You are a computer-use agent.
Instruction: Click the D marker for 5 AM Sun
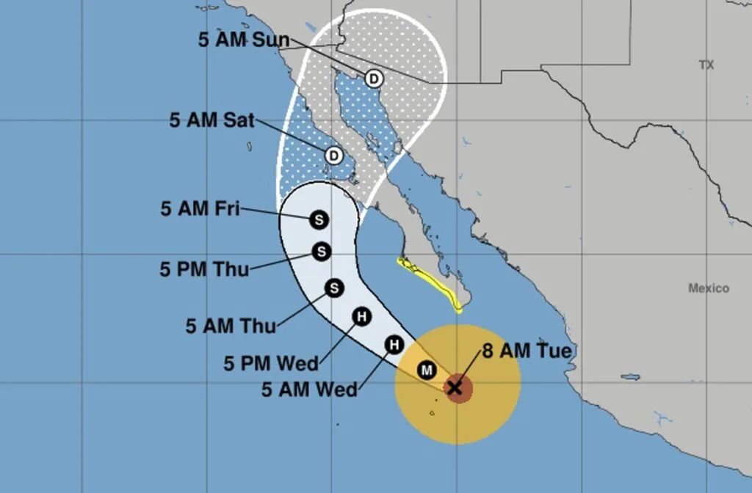(373, 78)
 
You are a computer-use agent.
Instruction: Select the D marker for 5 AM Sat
(334, 156)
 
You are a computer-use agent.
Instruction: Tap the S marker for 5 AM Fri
(319, 219)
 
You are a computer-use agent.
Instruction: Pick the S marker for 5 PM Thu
(321, 252)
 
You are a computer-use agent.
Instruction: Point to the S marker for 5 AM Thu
(334, 288)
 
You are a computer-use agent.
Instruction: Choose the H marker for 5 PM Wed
(361, 316)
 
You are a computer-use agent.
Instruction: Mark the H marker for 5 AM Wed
(394, 344)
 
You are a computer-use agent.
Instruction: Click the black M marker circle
(427, 370)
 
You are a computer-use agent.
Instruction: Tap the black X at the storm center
(455, 387)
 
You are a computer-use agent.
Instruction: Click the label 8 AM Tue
(526, 351)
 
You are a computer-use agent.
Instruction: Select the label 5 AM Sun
(244, 40)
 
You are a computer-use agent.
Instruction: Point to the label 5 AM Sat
(212, 120)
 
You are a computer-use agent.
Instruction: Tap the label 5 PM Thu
(204, 269)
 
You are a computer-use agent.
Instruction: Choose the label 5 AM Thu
(230, 325)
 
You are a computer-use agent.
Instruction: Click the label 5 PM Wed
(271, 362)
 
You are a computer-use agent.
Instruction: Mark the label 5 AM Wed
(309, 389)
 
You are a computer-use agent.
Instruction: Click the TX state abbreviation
(706, 65)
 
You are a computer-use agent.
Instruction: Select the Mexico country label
(709, 288)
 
